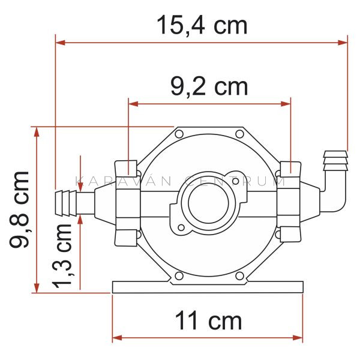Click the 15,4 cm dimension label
[202, 25]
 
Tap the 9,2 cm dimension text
[209, 88]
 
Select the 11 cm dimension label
[208, 320]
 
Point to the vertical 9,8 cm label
[19, 209]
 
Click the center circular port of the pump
[208, 203]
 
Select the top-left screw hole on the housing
[179, 134]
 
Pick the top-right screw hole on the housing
[239, 134]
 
